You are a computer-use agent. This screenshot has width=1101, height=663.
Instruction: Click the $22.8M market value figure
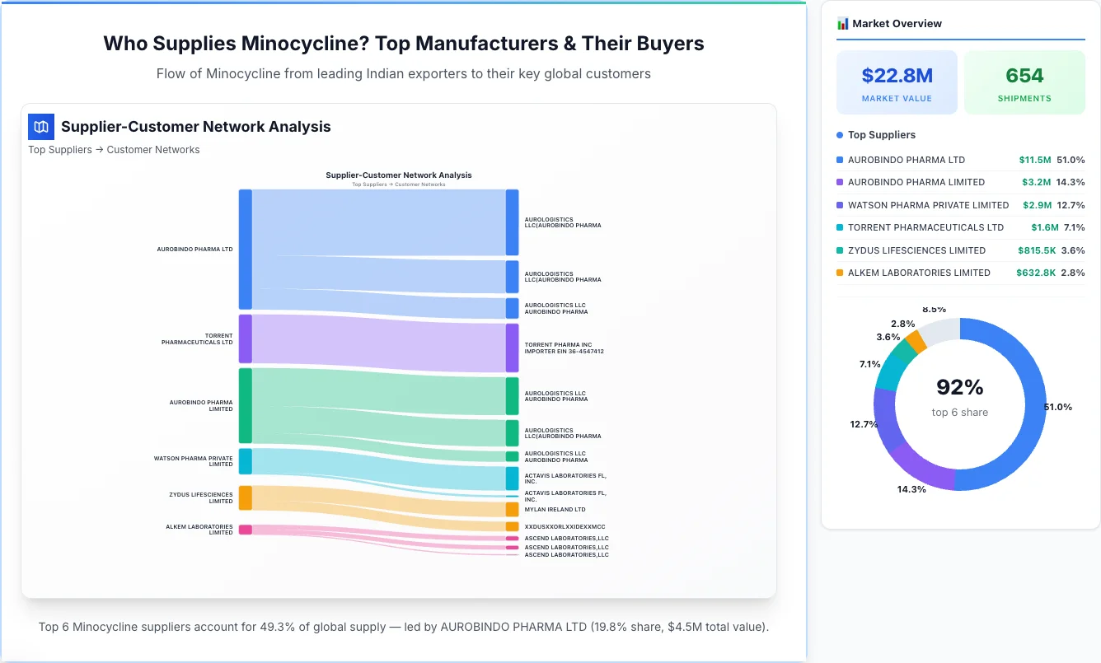point(897,76)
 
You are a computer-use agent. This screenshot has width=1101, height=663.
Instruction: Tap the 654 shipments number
point(1024,76)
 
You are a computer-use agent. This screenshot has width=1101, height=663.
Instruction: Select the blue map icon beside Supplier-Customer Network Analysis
point(41,127)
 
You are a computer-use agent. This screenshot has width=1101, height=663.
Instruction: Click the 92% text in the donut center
point(959,387)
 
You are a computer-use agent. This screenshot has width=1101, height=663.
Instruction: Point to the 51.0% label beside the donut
point(1057,407)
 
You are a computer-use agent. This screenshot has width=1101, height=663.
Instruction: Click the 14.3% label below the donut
point(911,489)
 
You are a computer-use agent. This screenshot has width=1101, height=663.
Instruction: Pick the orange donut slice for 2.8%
point(915,341)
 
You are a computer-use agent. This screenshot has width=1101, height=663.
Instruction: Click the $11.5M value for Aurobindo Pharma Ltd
point(1034,160)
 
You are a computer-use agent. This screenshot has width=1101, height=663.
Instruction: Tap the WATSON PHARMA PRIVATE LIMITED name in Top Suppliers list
point(928,205)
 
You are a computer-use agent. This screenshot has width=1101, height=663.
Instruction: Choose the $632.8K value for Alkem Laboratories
point(1036,273)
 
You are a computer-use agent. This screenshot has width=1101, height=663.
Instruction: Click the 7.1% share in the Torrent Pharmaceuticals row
point(1074,227)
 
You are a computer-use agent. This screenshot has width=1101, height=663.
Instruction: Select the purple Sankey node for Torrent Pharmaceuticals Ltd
point(246,339)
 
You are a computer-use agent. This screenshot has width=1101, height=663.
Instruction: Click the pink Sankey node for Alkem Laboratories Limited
point(246,530)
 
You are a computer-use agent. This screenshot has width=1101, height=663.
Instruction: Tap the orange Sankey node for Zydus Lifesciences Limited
point(246,497)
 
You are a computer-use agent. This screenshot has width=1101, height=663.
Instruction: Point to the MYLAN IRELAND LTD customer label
point(555,510)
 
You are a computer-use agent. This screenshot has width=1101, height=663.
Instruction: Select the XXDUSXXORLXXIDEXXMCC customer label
point(565,526)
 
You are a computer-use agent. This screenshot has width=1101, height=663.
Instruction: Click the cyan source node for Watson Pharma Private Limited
point(246,461)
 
